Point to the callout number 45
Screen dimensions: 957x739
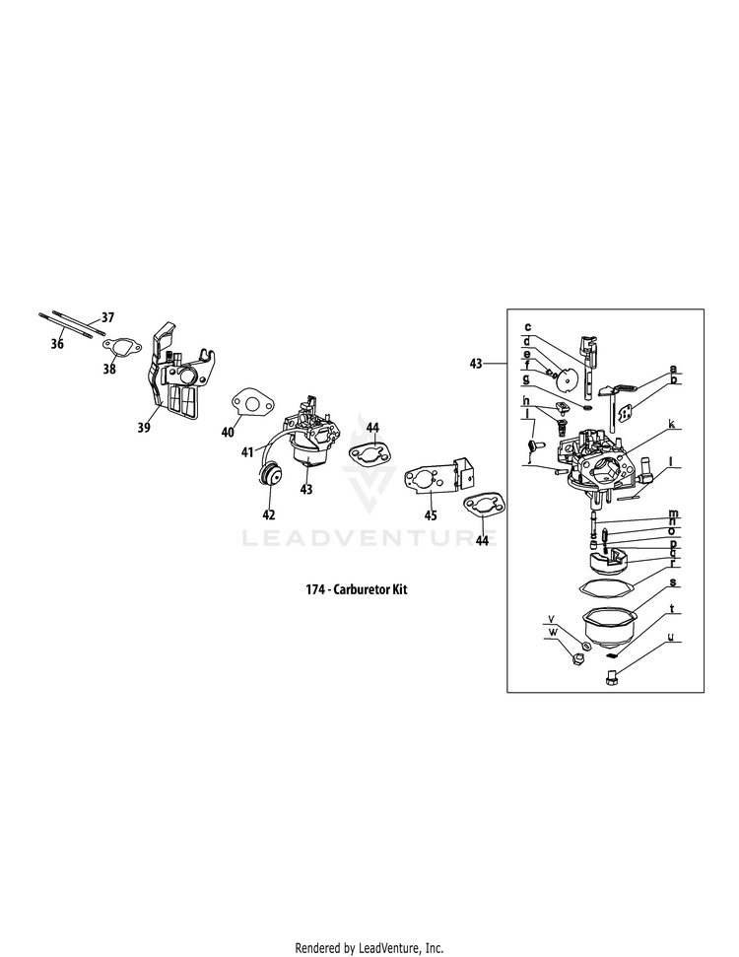coord(432,513)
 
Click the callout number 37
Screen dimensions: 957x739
coord(107,317)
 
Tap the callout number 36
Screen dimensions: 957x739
coord(57,344)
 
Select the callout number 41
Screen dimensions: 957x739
coord(248,451)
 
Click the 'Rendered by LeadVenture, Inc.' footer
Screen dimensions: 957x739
coord(369,920)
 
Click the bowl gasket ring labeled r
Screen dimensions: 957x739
coord(601,587)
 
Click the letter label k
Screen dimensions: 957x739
coord(671,424)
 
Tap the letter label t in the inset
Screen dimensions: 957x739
coord(671,609)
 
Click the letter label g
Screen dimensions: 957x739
coord(527,378)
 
